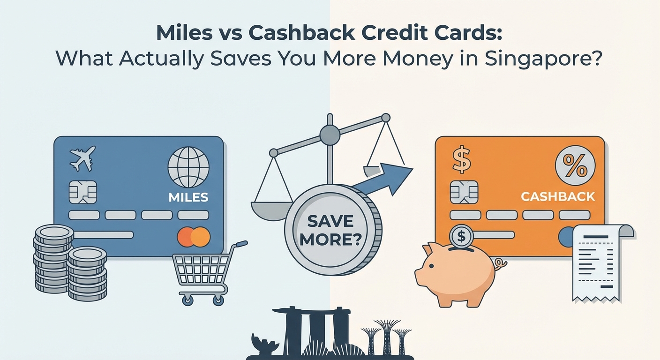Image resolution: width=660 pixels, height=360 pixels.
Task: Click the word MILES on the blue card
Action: click(188, 196)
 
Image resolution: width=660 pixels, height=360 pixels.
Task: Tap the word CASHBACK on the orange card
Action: click(558, 196)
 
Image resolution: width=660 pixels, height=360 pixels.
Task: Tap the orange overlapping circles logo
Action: click(194, 237)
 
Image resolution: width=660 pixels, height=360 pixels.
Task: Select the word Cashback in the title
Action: click(295, 34)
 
